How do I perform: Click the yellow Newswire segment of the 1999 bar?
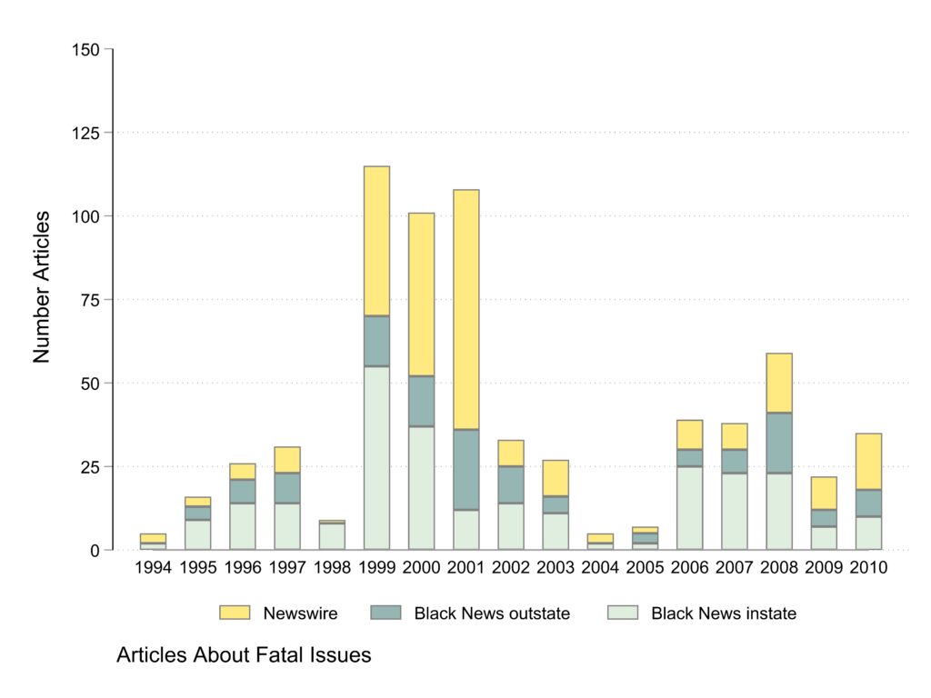(376, 241)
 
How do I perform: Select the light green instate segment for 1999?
(376, 458)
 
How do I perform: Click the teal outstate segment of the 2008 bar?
(779, 443)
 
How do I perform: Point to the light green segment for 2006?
(689, 508)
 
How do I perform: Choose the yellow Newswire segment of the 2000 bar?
(421, 294)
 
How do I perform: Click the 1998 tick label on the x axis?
(332, 567)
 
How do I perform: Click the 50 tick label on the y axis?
(91, 384)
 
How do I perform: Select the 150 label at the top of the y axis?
(86, 49)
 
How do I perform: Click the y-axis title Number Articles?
(42, 287)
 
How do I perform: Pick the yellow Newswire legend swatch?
(235, 613)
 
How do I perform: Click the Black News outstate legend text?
(492, 613)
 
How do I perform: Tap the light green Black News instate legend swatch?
(622, 613)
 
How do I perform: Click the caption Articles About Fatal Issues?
(244, 655)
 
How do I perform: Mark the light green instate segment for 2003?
(556, 531)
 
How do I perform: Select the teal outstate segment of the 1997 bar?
(287, 488)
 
